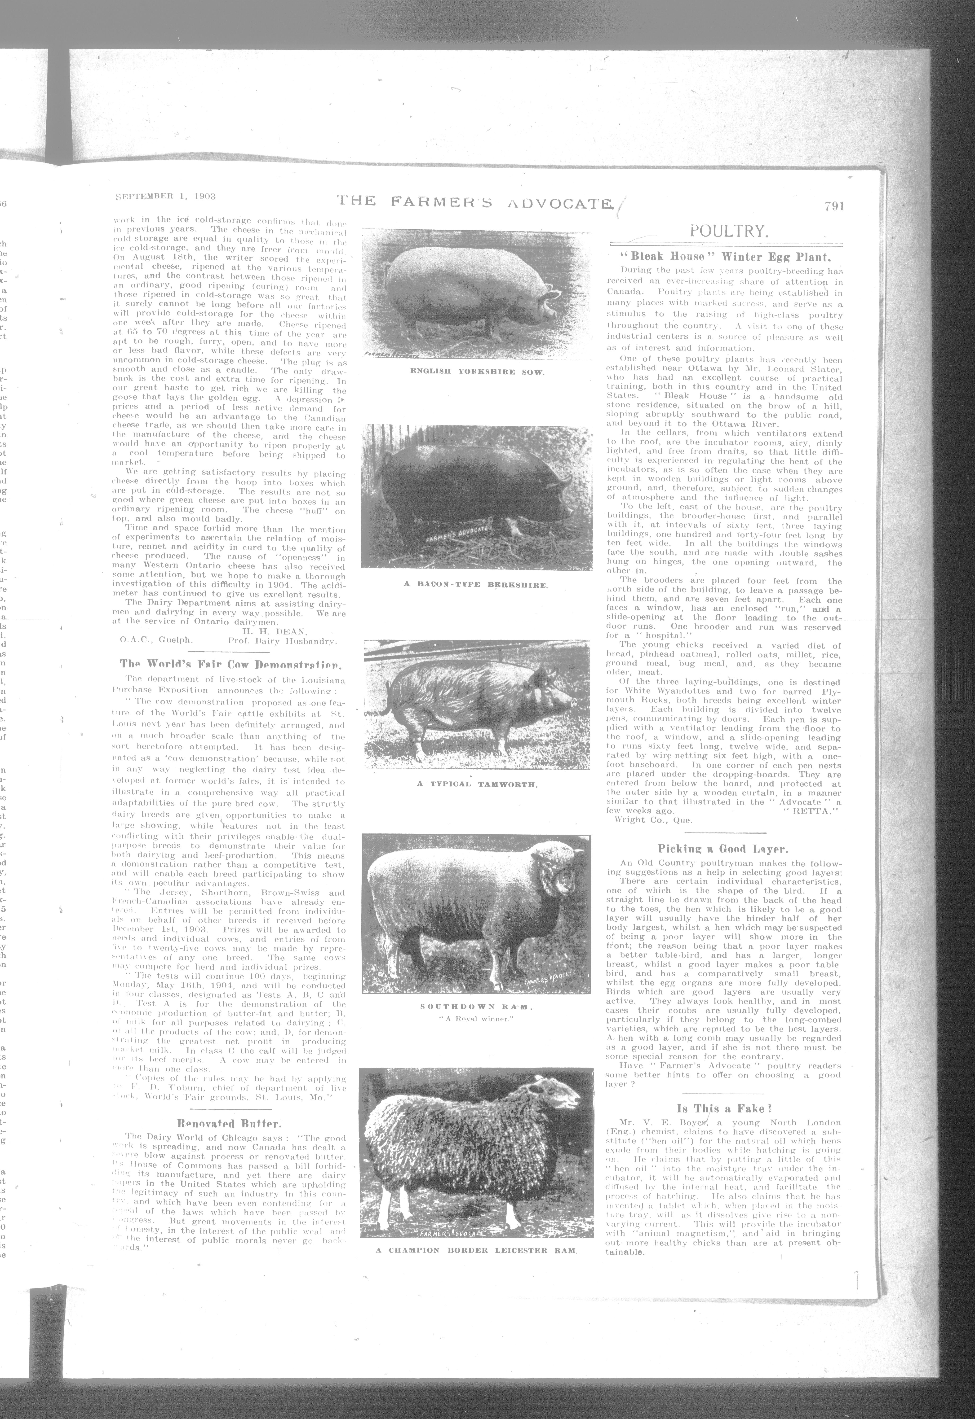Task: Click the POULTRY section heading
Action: (728, 231)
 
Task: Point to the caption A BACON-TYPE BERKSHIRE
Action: (477, 584)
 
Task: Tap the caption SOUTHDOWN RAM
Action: (477, 1006)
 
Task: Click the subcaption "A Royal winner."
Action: (477, 1018)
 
